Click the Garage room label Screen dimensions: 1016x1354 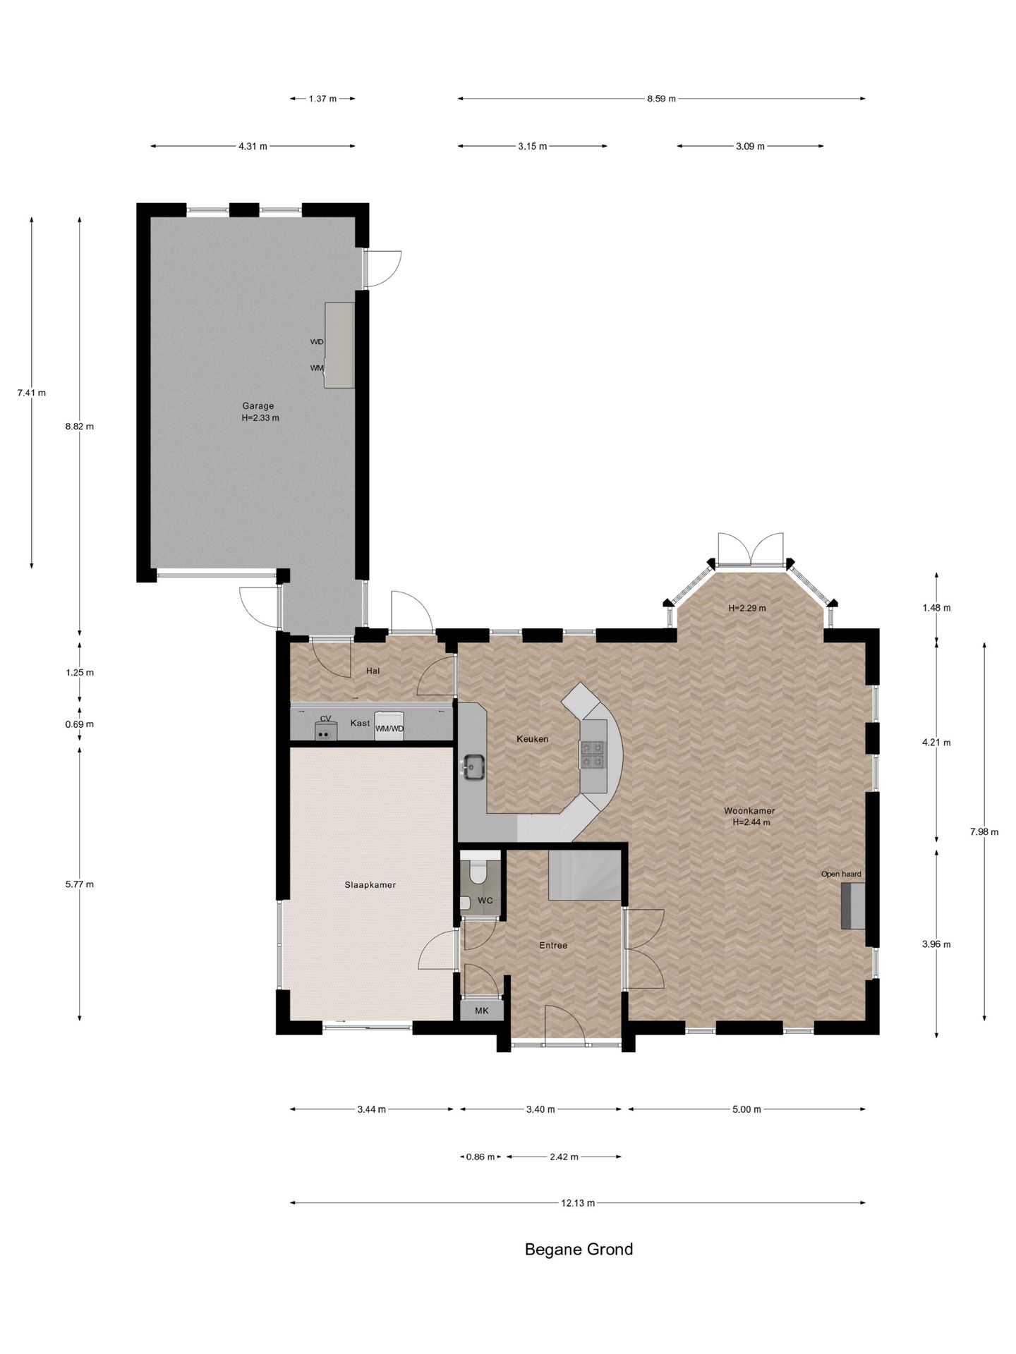258,405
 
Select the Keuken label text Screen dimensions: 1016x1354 532,739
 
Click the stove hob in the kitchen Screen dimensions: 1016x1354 593,755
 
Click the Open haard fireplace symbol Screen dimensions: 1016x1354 852,906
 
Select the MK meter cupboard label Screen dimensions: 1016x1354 481,1011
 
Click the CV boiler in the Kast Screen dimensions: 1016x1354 325,730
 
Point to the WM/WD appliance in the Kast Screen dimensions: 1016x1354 389,726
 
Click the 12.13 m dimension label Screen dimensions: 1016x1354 578,1202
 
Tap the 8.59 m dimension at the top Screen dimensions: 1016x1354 661,99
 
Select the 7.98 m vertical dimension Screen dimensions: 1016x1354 984,831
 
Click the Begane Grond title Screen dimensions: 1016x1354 579,1249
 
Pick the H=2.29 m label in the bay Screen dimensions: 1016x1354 746,607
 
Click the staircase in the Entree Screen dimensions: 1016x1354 584,874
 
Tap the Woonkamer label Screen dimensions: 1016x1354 749,811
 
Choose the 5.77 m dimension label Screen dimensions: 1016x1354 79,884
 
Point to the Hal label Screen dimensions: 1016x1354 373,671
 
